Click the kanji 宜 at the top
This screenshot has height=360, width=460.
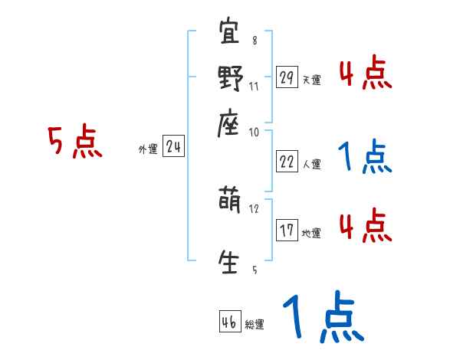pyautogui.click(x=230, y=34)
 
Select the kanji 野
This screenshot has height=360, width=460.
pyautogui.click(x=230, y=78)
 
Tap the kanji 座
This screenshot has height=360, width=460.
pyautogui.click(x=230, y=123)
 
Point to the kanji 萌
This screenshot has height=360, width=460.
pyautogui.click(x=230, y=202)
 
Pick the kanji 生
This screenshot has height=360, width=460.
pyautogui.click(x=230, y=260)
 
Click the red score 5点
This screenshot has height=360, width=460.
pyautogui.click(x=75, y=142)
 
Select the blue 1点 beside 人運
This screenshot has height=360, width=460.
pyautogui.click(x=364, y=157)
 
